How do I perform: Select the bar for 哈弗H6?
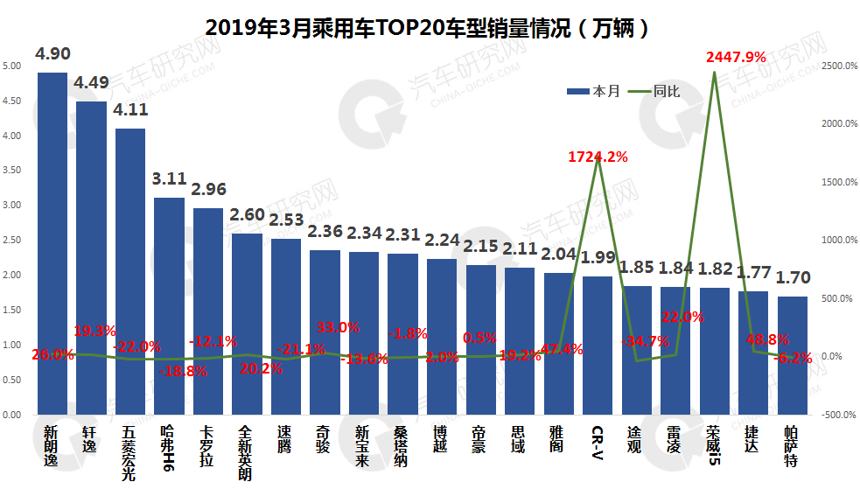coord(169,306)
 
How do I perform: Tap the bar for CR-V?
coord(598,346)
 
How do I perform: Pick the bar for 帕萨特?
coord(793,355)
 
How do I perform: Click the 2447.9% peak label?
coord(736,57)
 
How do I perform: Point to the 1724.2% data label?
coord(598,157)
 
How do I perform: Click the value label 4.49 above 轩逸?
coord(92,84)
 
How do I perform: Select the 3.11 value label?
coord(169,179)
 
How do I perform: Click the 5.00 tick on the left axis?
coord(12,66)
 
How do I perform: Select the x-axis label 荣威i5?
coord(715,445)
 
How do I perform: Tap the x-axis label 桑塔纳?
coord(402,445)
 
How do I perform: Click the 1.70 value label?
coord(793,278)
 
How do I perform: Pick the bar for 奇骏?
coord(325,332)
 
